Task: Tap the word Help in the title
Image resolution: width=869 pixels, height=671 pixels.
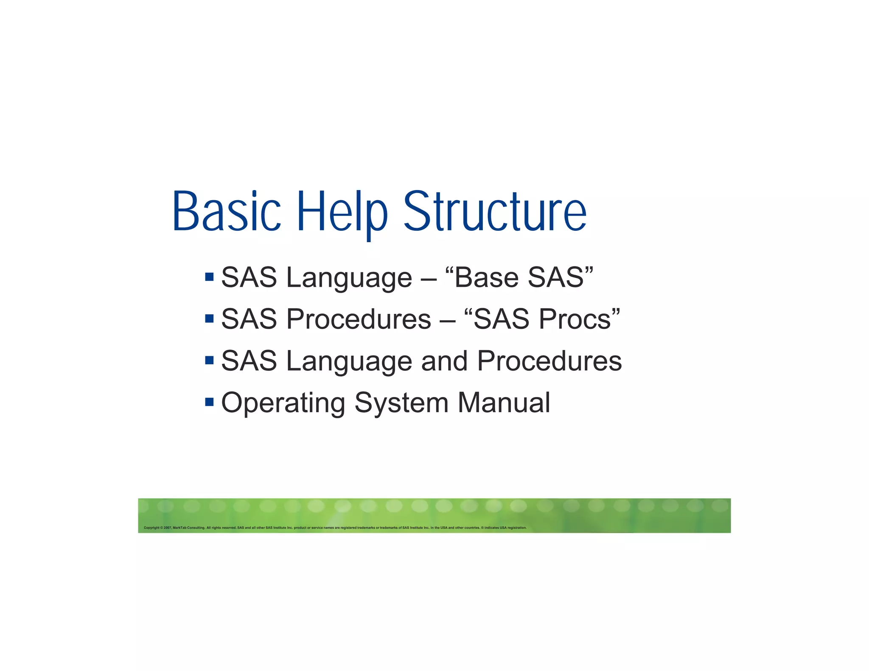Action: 342,212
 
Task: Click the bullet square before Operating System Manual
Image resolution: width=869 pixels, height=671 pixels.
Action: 209,401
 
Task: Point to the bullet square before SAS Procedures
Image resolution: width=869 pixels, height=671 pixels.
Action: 209,318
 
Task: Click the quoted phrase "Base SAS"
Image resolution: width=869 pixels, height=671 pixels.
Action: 519,277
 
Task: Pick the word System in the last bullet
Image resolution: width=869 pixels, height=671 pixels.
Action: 401,403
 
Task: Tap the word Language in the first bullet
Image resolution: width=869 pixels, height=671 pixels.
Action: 349,278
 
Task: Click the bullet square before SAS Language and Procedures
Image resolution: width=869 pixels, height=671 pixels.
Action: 209,360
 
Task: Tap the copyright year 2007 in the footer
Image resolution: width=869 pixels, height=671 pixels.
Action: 167,528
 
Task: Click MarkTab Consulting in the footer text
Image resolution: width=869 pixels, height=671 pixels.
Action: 189,528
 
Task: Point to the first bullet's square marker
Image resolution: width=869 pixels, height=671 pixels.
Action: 209,277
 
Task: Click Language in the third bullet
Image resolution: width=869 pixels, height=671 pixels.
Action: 349,361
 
